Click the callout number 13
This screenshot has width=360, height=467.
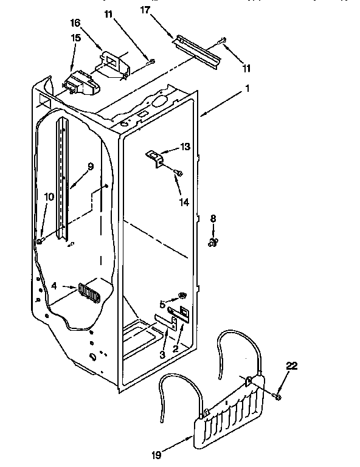185,147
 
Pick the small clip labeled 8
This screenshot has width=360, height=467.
213,243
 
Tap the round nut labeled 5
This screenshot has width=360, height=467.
181,296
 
